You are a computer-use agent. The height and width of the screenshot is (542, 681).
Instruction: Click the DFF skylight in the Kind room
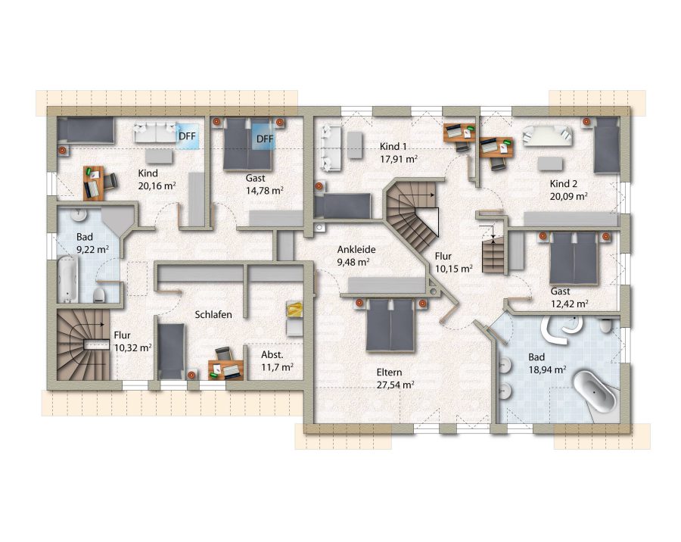(187, 136)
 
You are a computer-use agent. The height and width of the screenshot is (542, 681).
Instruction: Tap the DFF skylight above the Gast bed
(265, 139)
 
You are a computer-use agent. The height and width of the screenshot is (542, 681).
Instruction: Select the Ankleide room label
(356, 250)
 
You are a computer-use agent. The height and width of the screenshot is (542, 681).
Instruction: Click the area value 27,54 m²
(395, 385)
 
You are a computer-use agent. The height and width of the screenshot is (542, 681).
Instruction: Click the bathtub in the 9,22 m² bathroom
(68, 279)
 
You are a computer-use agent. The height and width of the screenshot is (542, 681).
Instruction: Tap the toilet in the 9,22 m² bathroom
(99, 295)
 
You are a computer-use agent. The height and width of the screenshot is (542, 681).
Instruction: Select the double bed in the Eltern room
(390, 325)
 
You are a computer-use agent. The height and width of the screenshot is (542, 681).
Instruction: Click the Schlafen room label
(213, 314)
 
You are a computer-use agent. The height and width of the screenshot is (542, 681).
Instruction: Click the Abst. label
(272, 355)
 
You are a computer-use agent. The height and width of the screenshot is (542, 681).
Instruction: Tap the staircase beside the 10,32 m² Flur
(83, 344)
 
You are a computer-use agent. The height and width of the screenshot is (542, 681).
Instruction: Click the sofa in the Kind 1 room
(331, 148)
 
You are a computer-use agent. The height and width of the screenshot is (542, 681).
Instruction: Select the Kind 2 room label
(563, 183)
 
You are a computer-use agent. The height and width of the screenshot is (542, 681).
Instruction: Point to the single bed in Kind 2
(606, 145)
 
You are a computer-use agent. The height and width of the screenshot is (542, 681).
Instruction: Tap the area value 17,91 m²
(399, 159)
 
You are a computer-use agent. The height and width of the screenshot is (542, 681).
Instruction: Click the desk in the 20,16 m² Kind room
(94, 182)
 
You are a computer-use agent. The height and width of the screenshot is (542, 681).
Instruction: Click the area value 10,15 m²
(453, 269)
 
